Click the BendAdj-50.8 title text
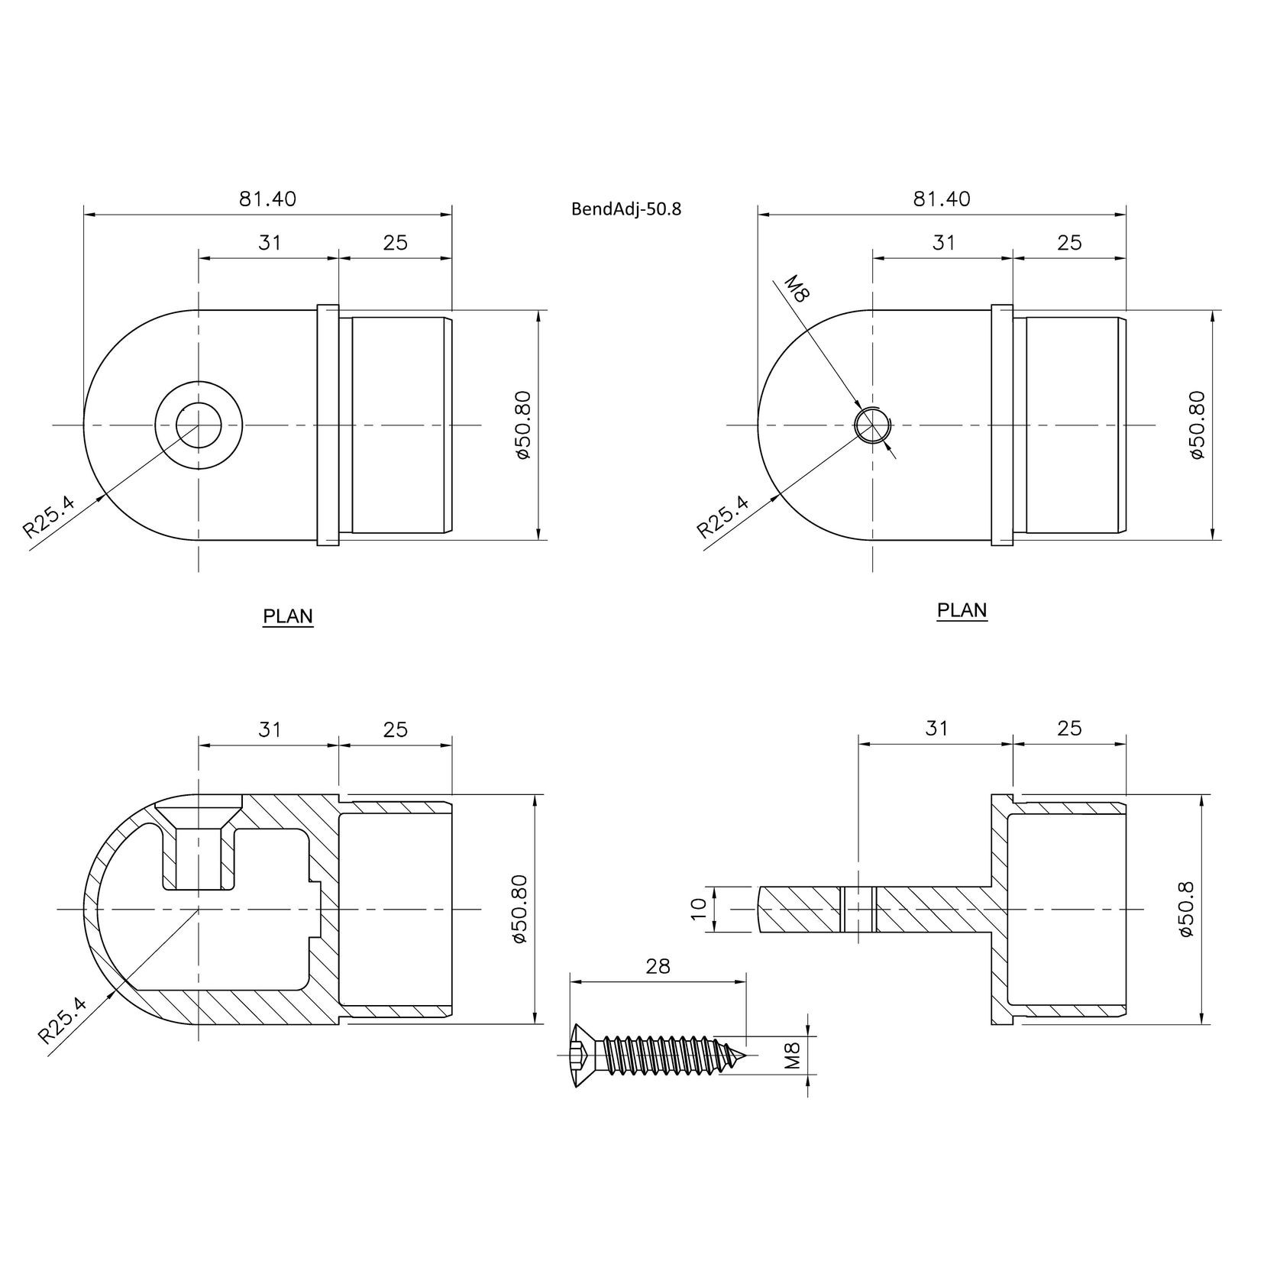[x=625, y=209]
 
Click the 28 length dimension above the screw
[x=657, y=966]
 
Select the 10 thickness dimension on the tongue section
[x=698, y=909]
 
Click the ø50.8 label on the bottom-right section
[x=1185, y=909]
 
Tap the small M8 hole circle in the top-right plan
[x=872, y=425]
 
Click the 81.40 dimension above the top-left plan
[x=267, y=199]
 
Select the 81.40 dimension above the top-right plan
[x=942, y=199]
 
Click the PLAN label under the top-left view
[x=288, y=616]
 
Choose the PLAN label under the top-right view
[x=962, y=610]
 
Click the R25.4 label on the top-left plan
[x=49, y=517]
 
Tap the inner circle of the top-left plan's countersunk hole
[x=199, y=425]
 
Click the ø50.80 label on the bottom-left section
[x=522, y=909]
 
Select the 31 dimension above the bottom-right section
[x=936, y=728]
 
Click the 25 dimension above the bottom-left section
[x=395, y=729]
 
